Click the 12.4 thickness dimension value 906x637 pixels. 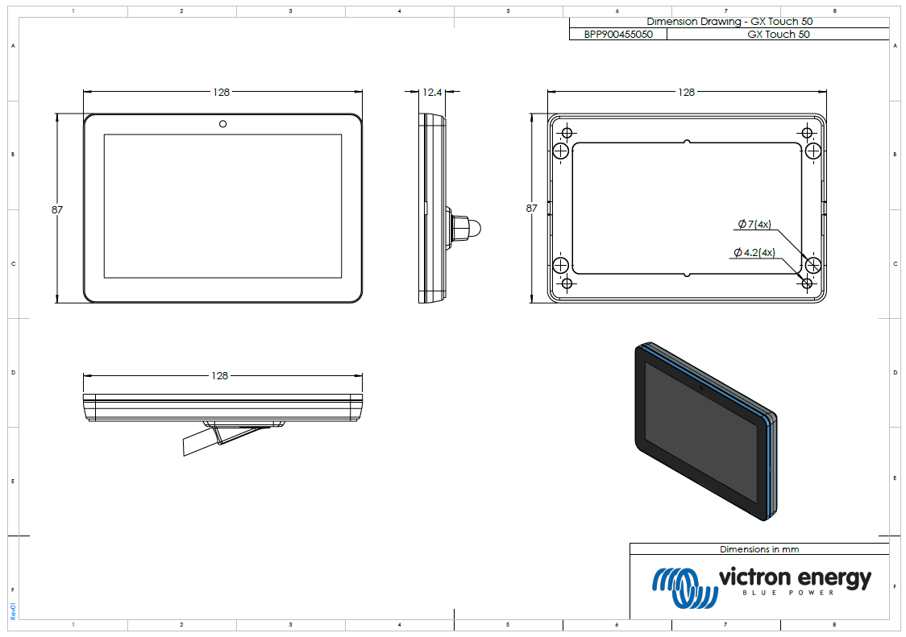tap(432, 93)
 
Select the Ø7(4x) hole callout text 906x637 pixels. tap(755, 224)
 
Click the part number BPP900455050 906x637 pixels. tap(618, 35)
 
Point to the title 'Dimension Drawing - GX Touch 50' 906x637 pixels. tap(729, 23)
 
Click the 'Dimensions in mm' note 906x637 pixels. tap(758, 549)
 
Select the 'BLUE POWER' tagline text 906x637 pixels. tap(794, 594)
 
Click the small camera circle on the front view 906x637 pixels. tap(222, 124)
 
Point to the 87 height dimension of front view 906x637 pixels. tap(57, 209)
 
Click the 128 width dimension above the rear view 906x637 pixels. tap(686, 93)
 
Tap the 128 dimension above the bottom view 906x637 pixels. tap(219, 376)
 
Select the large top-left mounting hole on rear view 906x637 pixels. tap(562, 151)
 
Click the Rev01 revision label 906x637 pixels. tap(13, 610)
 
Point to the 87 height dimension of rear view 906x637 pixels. tap(531, 208)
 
